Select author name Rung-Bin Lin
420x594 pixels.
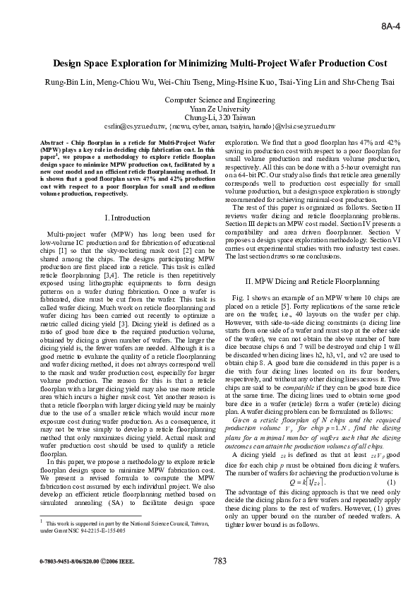pyautogui.click(x=68, y=82)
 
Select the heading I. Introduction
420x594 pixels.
pyautogui.click(x=127, y=218)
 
